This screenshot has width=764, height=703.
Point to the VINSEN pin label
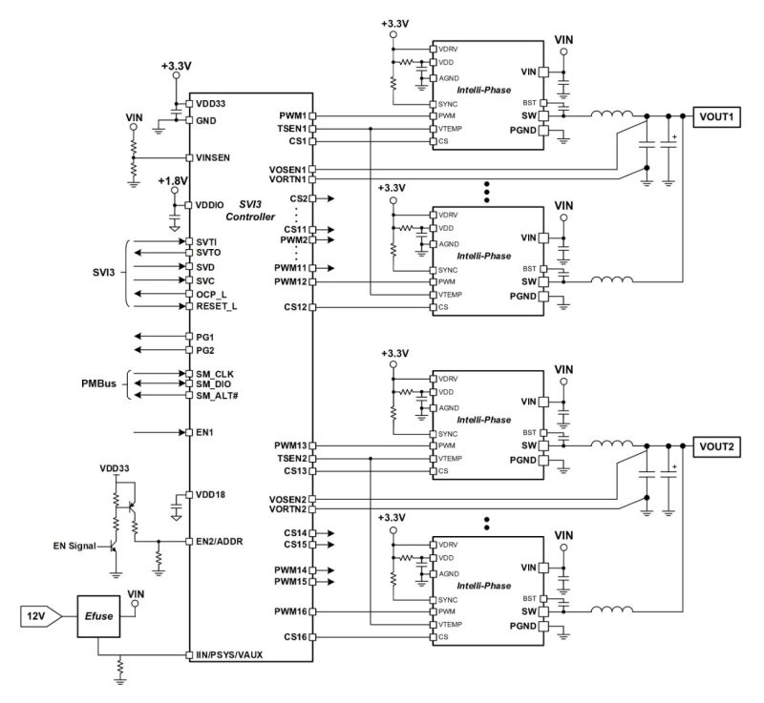217,157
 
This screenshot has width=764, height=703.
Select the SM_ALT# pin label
218,395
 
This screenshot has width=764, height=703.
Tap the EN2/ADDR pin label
223,540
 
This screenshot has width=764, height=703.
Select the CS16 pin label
293,636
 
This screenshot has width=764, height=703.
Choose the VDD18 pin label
213,495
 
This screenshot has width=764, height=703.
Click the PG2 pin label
205,350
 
